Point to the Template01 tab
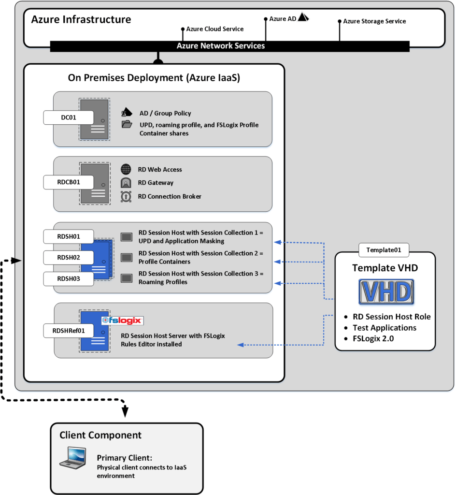[x=384, y=250]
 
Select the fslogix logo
[x=122, y=320]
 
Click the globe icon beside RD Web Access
[x=126, y=169]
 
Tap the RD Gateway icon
[x=126, y=183]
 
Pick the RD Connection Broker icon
[x=126, y=196]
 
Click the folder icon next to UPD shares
[x=127, y=125]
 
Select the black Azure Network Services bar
[x=230, y=46]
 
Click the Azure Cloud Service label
[x=214, y=29]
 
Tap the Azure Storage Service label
[x=374, y=21]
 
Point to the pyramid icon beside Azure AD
[x=303, y=17]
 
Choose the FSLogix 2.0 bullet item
[x=373, y=338]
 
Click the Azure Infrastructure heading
[x=81, y=20]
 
